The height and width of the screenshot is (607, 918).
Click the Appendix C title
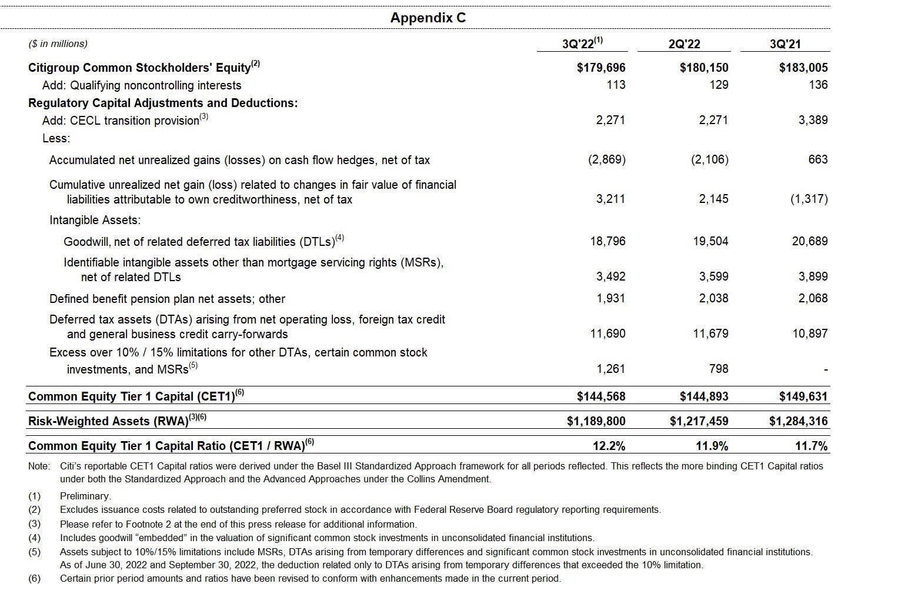428,18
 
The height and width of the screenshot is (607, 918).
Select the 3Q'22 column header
582,44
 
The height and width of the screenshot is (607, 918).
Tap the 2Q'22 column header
684,44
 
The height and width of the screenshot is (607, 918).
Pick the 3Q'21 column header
785,44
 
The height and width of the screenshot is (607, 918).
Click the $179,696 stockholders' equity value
601,68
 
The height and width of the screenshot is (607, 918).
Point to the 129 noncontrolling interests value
719,85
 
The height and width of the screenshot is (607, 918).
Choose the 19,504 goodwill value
710,241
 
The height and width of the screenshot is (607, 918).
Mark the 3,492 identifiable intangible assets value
607,276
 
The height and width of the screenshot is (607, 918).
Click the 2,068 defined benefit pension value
813,298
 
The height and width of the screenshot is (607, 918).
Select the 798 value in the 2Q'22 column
719,369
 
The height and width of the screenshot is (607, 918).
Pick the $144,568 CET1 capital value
601,396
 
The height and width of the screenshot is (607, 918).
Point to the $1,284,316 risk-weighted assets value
798,421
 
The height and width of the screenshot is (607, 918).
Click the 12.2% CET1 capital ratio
609,446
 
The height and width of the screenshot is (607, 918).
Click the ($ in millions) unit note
58,44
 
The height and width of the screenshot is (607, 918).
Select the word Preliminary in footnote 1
85,496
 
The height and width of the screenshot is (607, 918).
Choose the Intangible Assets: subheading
95,220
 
